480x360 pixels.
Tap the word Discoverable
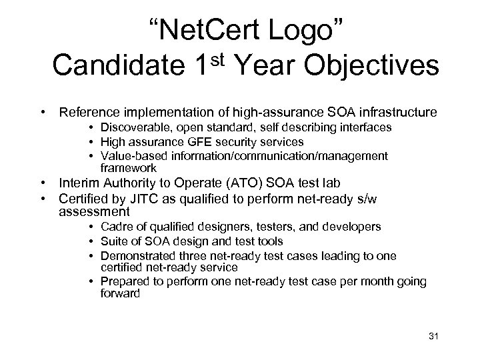(133, 127)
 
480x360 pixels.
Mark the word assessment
(94, 212)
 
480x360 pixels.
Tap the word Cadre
(117, 227)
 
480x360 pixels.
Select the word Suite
(115, 241)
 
